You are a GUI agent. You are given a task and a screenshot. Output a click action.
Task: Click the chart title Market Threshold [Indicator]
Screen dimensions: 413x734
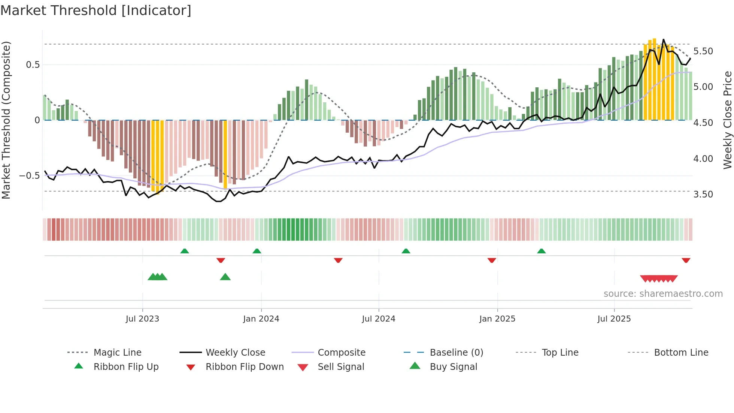pyautogui.click(x=96, y=10)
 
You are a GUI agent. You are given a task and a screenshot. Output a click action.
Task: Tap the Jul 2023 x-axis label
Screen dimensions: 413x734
pyautogui.click(x=142, y=319)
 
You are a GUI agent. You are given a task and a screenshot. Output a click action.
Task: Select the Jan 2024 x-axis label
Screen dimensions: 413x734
pyautogui.click(x=261, y=319)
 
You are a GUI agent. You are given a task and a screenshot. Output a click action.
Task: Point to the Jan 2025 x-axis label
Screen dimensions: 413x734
pyautogui.click(x=497, y=319)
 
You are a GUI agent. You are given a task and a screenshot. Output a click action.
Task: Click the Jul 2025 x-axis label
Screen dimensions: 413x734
pyautogui.click(x=614, y=319)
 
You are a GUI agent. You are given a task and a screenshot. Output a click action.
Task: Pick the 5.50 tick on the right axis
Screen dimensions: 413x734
pyautogui.click(x=703, y=51)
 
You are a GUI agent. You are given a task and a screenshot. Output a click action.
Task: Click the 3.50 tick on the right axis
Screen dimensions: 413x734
pyautogui.click(x=703, y=194)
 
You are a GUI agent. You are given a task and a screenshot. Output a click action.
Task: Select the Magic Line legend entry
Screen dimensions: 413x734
pyautogui.click(x=117, y=352)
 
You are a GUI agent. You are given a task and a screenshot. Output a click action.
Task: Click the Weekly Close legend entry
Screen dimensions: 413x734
pyautogui.click(x=235, y=352)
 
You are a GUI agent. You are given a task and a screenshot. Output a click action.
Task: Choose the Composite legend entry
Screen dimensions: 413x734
pyautogui.click(x=342, y=352)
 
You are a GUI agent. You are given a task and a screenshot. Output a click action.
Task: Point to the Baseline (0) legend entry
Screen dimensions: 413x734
pyautogui.click(x=456, y=352)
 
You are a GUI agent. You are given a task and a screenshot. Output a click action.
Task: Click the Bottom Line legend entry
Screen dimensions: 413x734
pyautogui.click(x=681, y=352)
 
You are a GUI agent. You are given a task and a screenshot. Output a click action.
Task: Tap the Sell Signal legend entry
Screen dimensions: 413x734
pyautogui.click(x=341, y=367)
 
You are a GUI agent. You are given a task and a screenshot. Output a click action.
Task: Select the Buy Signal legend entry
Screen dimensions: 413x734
pyautogui.click(x=453, y=367)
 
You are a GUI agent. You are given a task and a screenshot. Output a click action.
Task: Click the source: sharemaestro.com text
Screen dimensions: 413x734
pyautogui.click(x=663, y=293)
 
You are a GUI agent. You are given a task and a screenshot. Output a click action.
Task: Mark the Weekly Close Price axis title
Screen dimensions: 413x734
pyautogui.click(x=727, y=120)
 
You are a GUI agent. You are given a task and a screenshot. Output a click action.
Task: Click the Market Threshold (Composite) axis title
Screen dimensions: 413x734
pyautogui.click(x=6, y=120)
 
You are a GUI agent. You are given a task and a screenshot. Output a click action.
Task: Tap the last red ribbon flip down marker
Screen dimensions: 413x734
pyautogui.click(x=686, y=260)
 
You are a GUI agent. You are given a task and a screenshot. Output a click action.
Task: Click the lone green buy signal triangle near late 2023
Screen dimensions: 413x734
pyautogui.click(x=225, y=277)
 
